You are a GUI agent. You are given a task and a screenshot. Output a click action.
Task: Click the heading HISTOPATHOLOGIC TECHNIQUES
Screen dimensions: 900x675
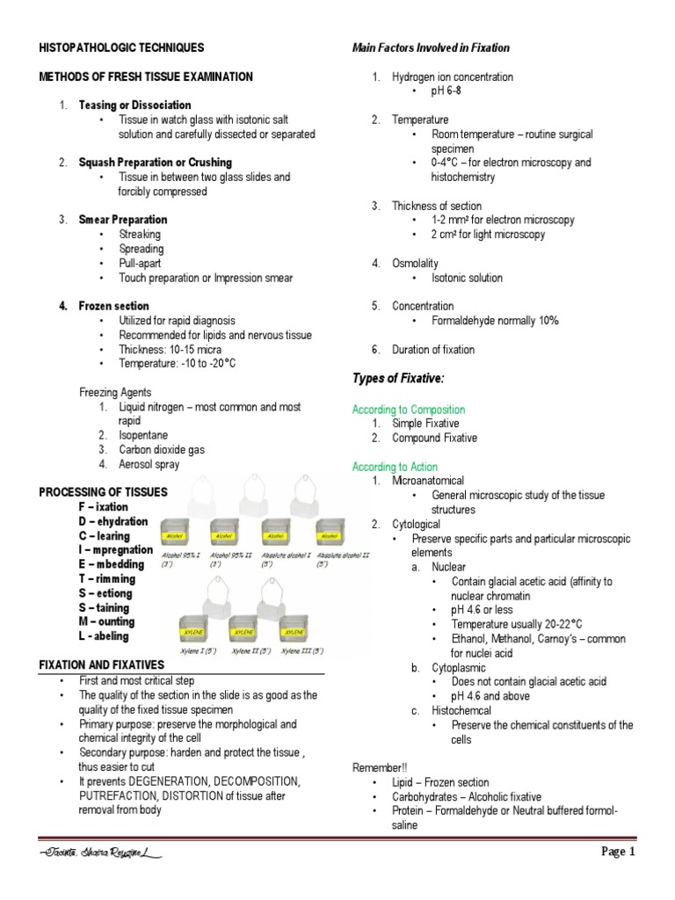point(121,47)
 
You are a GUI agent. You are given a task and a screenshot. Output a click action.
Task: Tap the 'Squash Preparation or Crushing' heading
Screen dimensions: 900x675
point(155,163)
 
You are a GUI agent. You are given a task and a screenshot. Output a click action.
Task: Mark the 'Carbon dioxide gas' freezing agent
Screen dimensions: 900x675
point(162,450)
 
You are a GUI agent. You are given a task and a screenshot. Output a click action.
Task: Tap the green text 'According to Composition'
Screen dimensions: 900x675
point(409,410)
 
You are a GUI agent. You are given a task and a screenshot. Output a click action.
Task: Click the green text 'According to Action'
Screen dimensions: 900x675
point(395,467)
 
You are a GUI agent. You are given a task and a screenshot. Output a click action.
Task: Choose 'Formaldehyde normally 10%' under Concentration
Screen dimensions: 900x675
point(495,321)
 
